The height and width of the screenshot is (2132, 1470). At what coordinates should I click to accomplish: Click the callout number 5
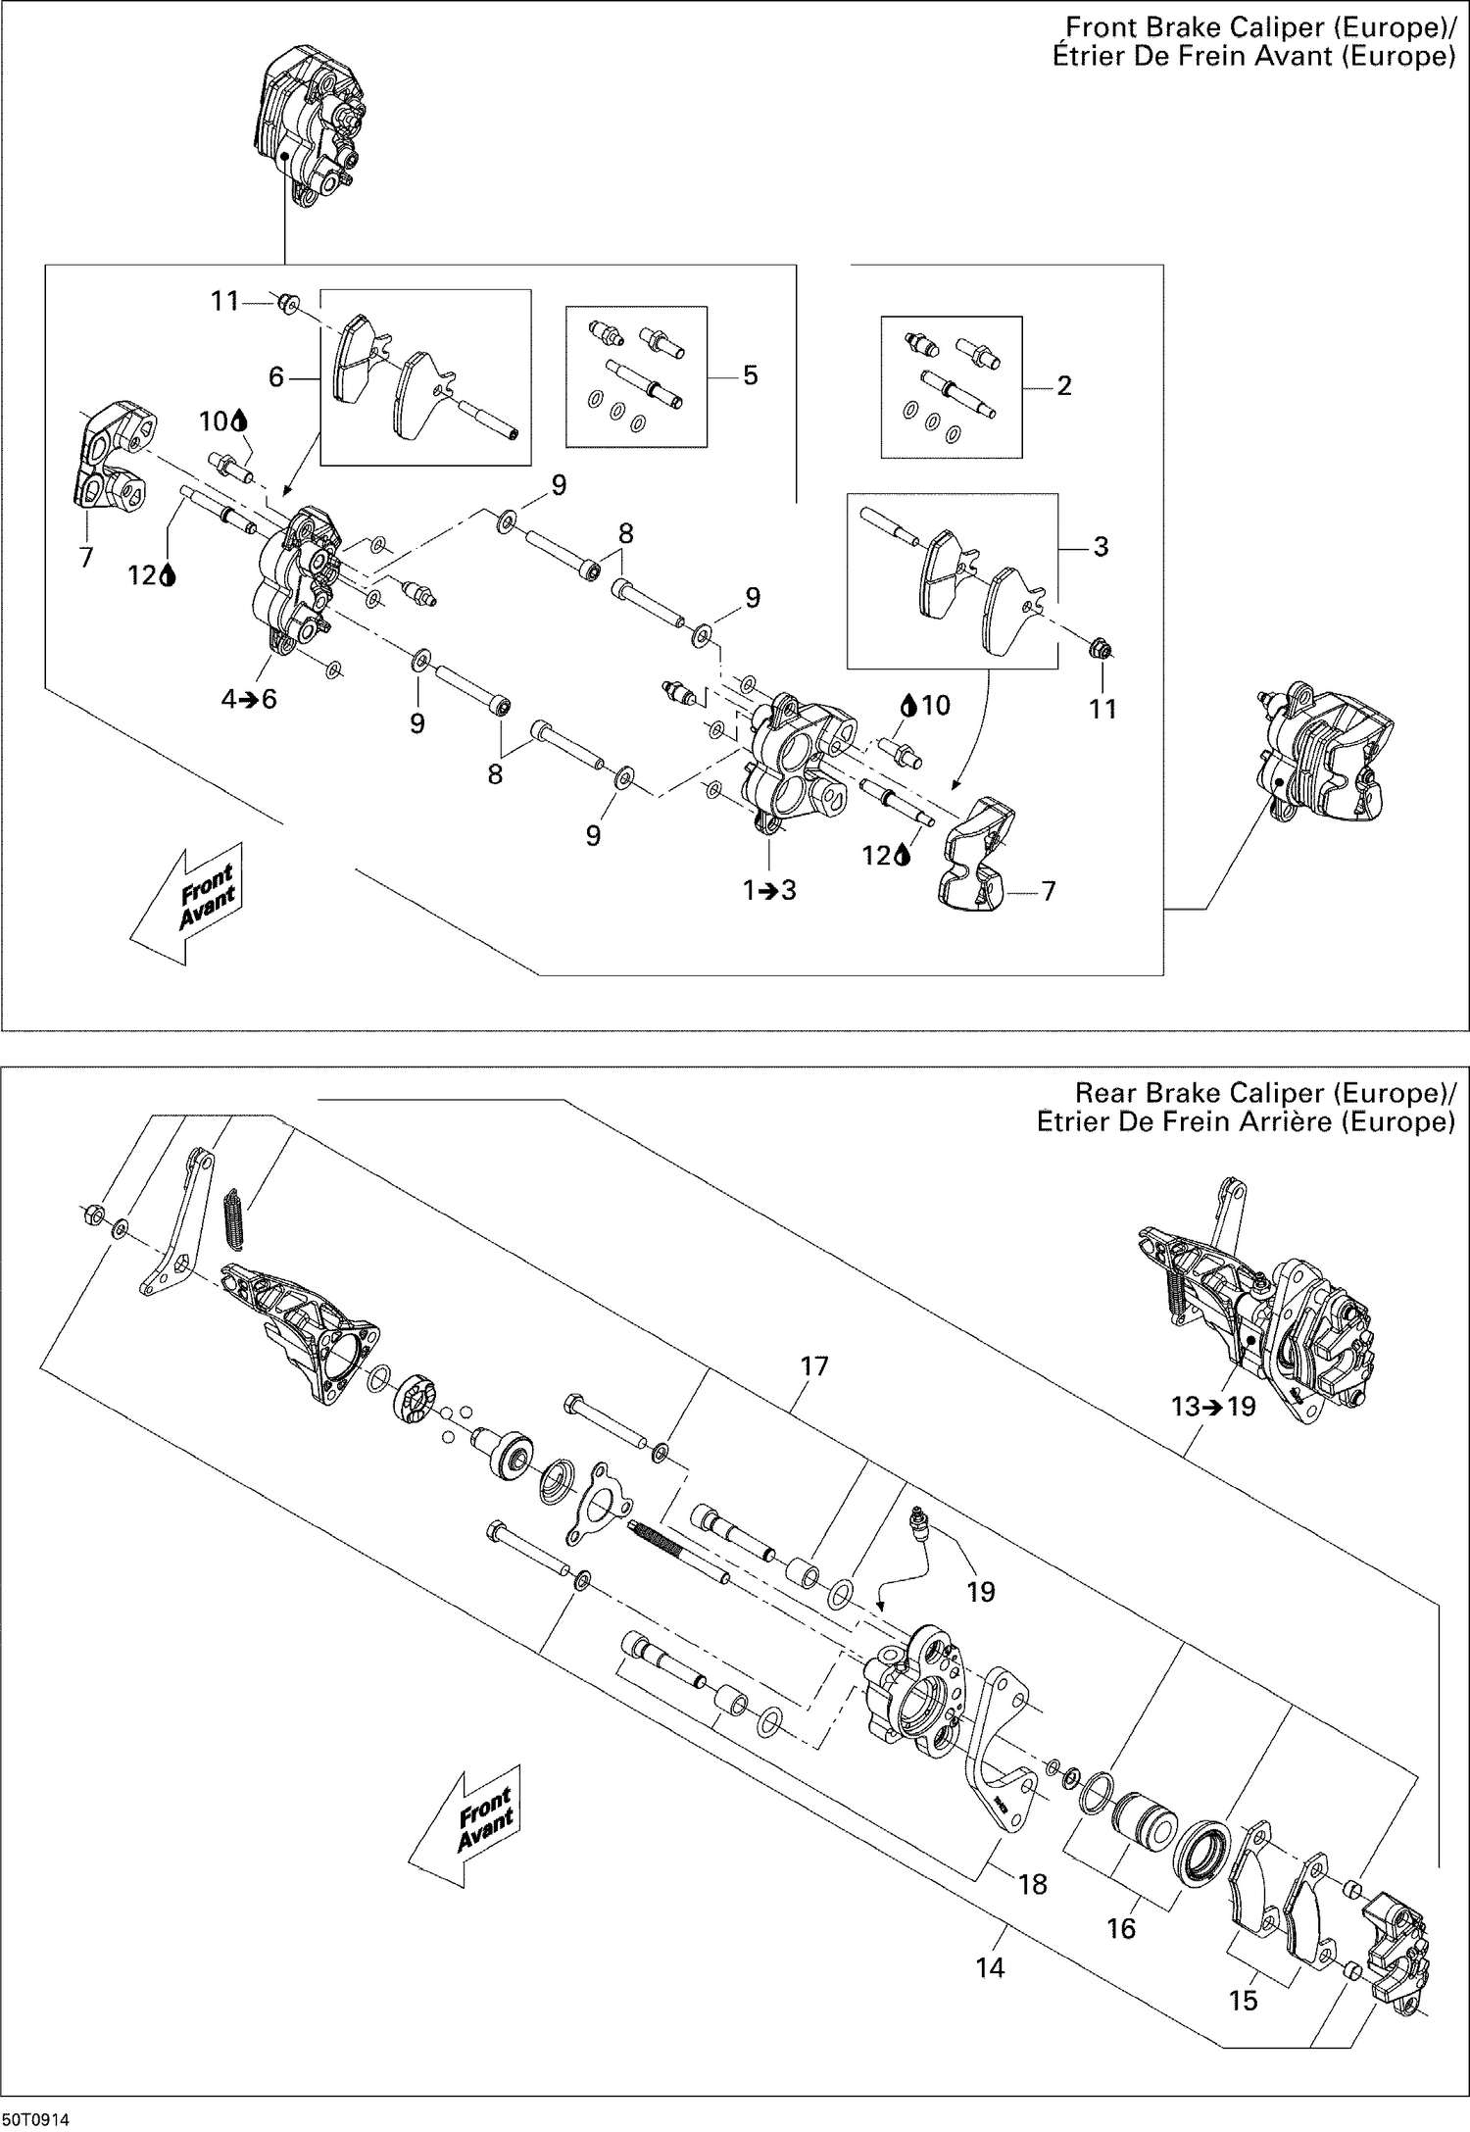pos(750,375)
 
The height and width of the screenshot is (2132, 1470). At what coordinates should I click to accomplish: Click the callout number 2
pos(1064,385)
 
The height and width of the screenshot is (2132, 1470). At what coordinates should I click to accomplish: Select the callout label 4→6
pos(249,699)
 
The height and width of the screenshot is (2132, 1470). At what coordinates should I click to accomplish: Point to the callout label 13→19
pos(1212,1407)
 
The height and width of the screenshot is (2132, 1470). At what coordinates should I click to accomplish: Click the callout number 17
pos(814,1365)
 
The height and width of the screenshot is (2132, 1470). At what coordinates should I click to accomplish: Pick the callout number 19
pos(980,1591)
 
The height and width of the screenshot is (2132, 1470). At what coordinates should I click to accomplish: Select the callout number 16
pos(1120,1929)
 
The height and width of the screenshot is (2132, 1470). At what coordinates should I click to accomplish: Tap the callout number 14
pos(990,1967)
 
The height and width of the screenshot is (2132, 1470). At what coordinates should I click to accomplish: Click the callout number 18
pos(1033,1884)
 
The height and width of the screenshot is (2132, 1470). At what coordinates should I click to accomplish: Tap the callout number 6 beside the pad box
pos(276,376)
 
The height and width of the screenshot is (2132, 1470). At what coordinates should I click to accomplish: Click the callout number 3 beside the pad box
pos(1100,546)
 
